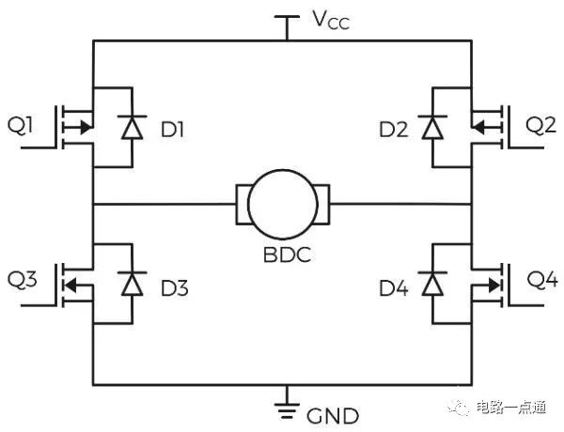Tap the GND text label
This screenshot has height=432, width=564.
tap(329, 414)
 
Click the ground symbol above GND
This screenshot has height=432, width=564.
tap(283, 407)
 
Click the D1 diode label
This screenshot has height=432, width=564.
tap(172, 129)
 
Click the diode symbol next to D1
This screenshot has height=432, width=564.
tap(130, 128)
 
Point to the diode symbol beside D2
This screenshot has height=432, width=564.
tap(433, 128)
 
